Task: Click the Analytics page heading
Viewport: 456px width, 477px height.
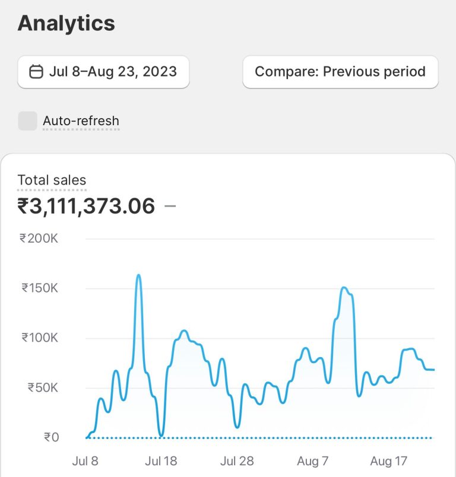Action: tap(66, 24)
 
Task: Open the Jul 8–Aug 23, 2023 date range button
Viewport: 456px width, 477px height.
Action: tap(103, 72)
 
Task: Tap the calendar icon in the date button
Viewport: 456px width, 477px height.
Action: tap(36, 72)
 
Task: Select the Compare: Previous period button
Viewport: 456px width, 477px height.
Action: tap(340, 72)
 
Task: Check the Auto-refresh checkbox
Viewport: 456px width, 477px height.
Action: tap(27, 121)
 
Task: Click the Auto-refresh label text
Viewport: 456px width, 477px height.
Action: tap(81, 121)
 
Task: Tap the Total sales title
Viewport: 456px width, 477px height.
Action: tap(52, 180)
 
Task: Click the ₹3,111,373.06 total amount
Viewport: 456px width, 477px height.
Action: tap(86, 206)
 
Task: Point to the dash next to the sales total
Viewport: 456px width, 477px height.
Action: tap(170, 206)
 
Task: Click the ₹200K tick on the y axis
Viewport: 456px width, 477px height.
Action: tap(39, 238)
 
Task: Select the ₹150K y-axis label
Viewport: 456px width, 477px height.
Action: tap(40, 288)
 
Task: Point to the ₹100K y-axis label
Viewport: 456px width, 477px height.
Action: tap(40, 338)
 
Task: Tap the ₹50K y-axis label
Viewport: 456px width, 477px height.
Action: tap(42, 388)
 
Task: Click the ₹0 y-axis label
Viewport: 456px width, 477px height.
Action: tap(51, 438)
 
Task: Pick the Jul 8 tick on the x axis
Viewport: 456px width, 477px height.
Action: tap(85, 461)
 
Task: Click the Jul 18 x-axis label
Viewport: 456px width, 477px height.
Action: tap(161, 461)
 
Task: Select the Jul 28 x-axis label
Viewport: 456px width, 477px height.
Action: tap(237, 461)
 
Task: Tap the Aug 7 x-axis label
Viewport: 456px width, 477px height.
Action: tap(312, 461)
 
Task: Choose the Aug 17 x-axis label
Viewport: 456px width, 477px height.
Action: tap(388, 461)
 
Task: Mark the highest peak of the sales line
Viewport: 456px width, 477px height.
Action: tap(138, 275)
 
